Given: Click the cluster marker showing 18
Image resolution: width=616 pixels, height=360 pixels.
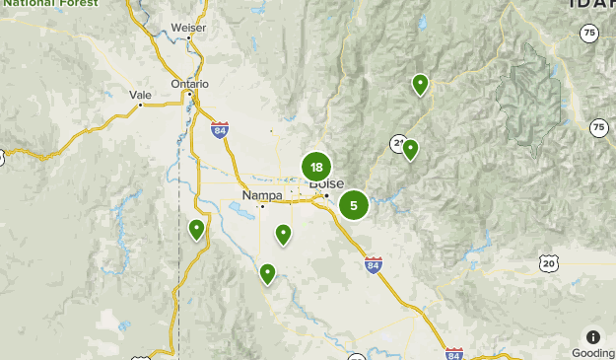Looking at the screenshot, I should (316, 167).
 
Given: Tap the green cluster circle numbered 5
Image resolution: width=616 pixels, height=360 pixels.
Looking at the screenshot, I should (354, 205).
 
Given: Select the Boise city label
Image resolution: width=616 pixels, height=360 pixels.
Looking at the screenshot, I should (326, 183).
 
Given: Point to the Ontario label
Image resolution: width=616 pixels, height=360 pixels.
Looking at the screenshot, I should (189, 84).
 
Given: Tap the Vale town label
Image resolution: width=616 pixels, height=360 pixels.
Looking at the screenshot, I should (140, 95).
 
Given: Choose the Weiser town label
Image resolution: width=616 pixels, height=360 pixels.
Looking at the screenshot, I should (188, 28).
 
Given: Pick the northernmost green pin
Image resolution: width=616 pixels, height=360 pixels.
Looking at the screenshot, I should (420, 84).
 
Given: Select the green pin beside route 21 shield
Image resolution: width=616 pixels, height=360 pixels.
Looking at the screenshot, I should (410, 149).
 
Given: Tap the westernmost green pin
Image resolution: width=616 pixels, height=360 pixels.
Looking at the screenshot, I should (196, 229).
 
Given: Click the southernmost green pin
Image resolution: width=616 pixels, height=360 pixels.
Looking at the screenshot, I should (267, 272).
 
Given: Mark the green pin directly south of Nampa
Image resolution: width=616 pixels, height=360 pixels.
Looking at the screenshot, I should (283, 234).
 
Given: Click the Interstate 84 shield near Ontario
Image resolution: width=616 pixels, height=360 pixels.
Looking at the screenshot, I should (219, 128).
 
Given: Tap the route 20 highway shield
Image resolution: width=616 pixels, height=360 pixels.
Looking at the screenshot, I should (548, 262).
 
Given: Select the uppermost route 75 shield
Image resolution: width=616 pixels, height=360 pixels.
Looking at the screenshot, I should (588, 33).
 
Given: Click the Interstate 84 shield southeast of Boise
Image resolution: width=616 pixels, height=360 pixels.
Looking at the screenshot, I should (373, 264).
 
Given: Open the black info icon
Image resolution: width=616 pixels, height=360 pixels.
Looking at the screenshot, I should (592, 336).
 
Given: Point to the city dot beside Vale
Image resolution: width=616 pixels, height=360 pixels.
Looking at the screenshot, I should (141, 105).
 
